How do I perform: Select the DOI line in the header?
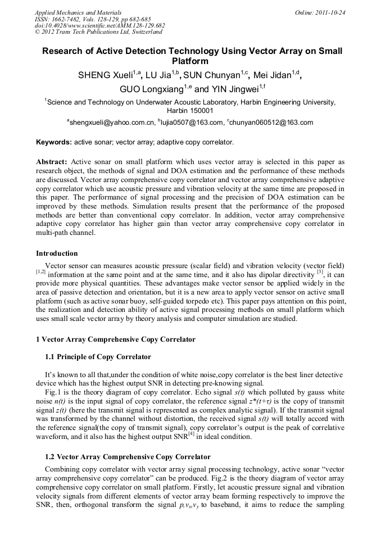click(99, 26)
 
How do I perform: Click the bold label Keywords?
click(53, 142)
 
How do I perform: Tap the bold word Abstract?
click(52, 161)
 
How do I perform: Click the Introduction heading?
click(57, 253)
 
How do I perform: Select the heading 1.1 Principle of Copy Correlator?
click(98, 357)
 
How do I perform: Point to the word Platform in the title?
click(190, 61)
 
